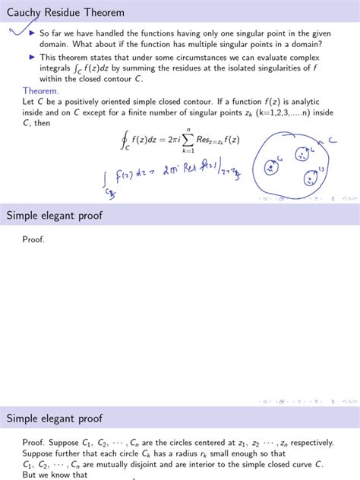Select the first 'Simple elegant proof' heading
click(55, 215)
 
